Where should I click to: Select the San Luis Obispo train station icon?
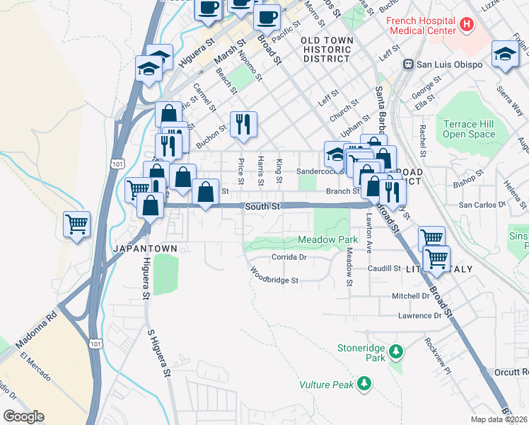(x=407, y=64)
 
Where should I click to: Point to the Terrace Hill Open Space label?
(x=469, y=129)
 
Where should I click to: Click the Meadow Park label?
(x=327, y=240)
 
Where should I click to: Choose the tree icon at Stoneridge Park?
(x=397, y=351)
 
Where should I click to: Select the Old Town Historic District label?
(x=326, y=50)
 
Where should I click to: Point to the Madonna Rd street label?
(x=42, y=322)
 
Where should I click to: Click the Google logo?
(x=23, y=416)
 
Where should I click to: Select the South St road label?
(x=264, y=206)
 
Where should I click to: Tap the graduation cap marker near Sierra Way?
(x=505, y=55)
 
